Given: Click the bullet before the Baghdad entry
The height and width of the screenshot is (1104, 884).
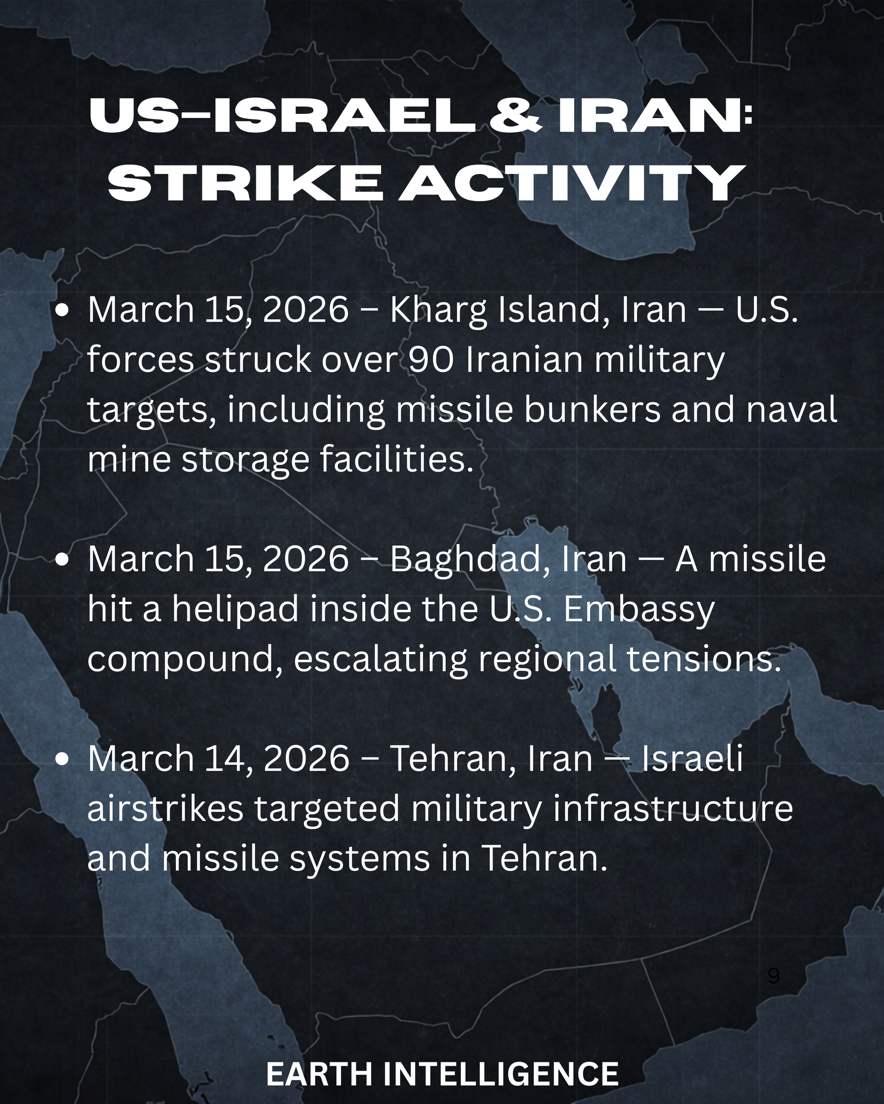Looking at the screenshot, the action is point(61,560).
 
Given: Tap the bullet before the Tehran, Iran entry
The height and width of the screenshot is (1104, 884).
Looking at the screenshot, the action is point(61,760).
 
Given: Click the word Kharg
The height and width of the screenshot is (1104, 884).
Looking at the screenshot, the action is point(438,311).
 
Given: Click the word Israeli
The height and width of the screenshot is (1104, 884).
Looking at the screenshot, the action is point(692,758).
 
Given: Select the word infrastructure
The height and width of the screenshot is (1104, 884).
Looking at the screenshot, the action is point(673,809).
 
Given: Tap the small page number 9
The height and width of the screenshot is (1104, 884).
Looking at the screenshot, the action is point(774,975).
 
